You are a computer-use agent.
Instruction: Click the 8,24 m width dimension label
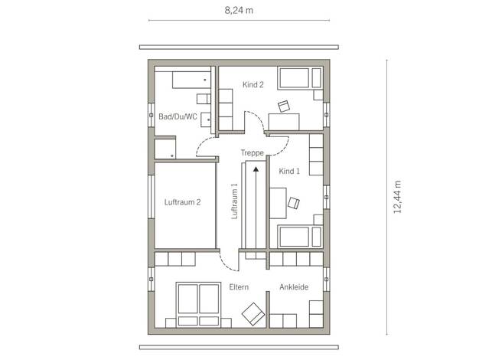coord(239,11)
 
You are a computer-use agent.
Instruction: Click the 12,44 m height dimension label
coord(397,197)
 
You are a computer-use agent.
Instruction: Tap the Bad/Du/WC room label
coord(178,116)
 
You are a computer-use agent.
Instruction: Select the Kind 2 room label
coord(253,85)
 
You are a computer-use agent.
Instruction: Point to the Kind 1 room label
coord(289,172)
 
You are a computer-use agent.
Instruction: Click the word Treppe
coord(252,152)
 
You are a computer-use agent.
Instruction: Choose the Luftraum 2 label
coord(182,202)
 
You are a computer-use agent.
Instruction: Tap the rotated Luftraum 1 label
coord(234,201)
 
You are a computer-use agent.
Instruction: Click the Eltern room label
coord(239,287)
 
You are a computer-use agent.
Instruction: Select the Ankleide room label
coord(294,287)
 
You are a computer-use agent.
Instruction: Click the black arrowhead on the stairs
coord(256,169)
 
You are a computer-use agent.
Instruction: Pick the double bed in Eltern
coord(199,305)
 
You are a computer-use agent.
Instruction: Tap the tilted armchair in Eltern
coord(253,314)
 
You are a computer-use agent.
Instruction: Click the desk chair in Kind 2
coord(284,106)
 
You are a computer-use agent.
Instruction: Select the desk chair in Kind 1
coord(294,203)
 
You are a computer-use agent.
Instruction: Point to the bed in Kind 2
coord(300,78)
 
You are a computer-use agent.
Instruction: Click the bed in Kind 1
coord(300,237)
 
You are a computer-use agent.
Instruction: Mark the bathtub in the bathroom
coord(191,80)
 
